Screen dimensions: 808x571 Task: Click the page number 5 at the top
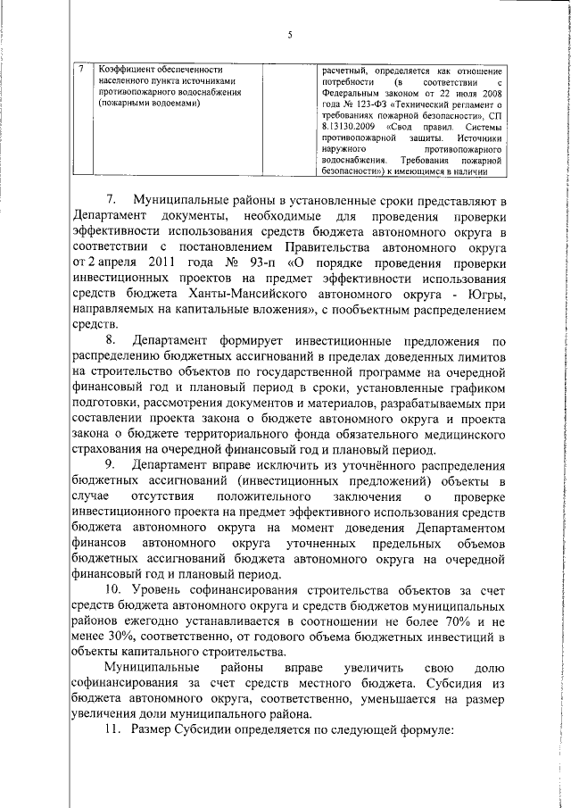[291, 35]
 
